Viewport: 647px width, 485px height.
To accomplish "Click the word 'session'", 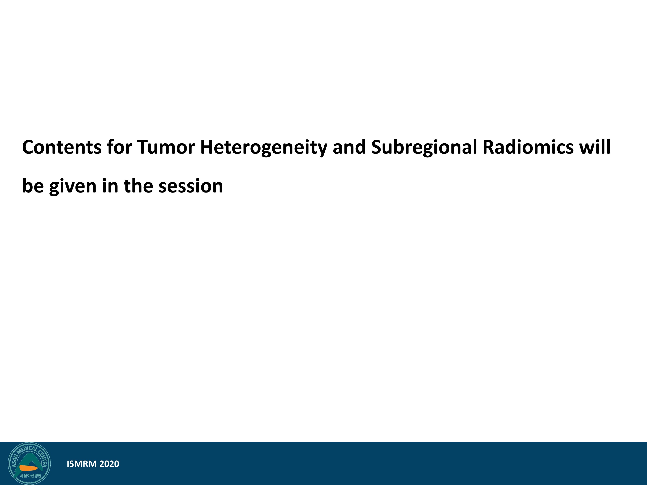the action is click(191, 186).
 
